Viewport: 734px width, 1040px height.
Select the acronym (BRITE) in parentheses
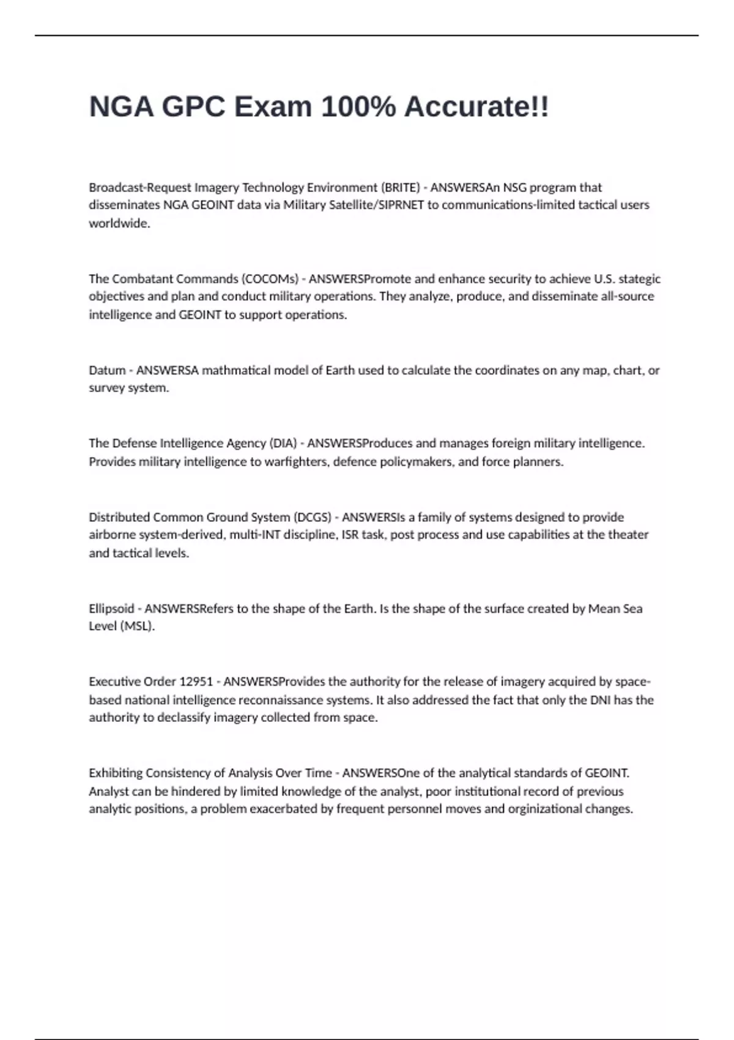point(401,187)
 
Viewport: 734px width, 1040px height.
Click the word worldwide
point(119,223)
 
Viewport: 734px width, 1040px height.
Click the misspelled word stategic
point(640,279)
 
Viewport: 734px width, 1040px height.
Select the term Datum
point(107,370)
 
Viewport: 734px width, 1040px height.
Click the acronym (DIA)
point(283,443)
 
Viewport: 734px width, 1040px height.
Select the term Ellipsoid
point(111,609)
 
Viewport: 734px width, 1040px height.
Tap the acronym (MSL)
point(137,626)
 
